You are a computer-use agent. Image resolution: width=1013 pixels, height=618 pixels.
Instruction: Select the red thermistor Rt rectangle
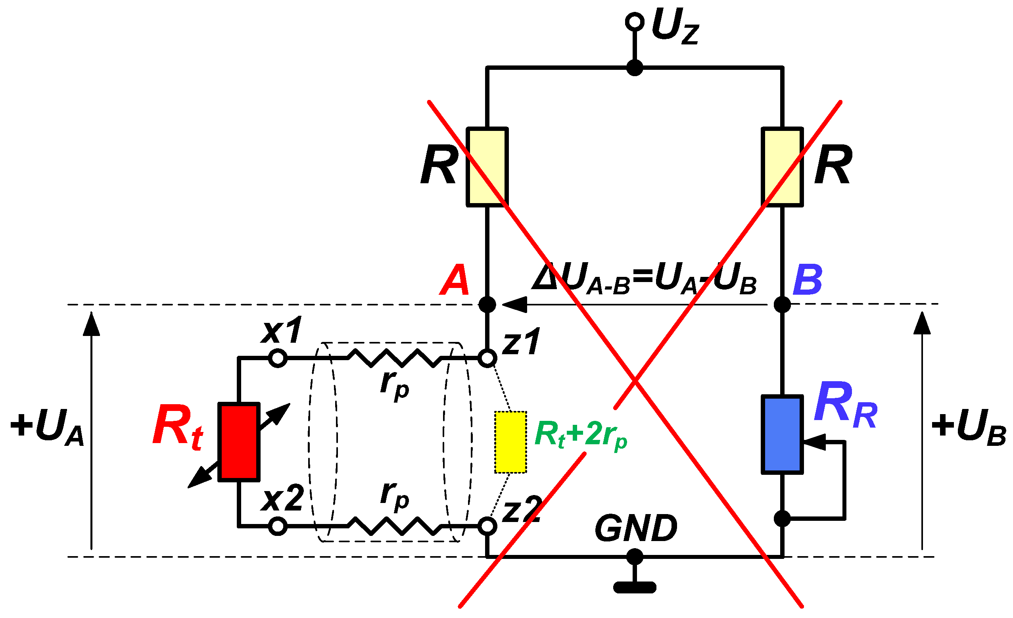(x=239, y=442)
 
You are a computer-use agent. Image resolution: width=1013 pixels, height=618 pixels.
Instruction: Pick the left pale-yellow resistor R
(x=487, y=167)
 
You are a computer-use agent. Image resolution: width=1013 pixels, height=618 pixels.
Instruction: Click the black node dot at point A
(x=487, y=305)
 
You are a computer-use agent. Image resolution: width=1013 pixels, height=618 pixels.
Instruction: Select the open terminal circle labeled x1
(x=278, y=358)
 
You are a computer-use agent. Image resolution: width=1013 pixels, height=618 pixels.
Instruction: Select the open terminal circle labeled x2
(x=278, y=526)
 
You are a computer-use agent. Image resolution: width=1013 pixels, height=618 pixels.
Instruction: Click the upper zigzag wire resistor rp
(x=395, y=358)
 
